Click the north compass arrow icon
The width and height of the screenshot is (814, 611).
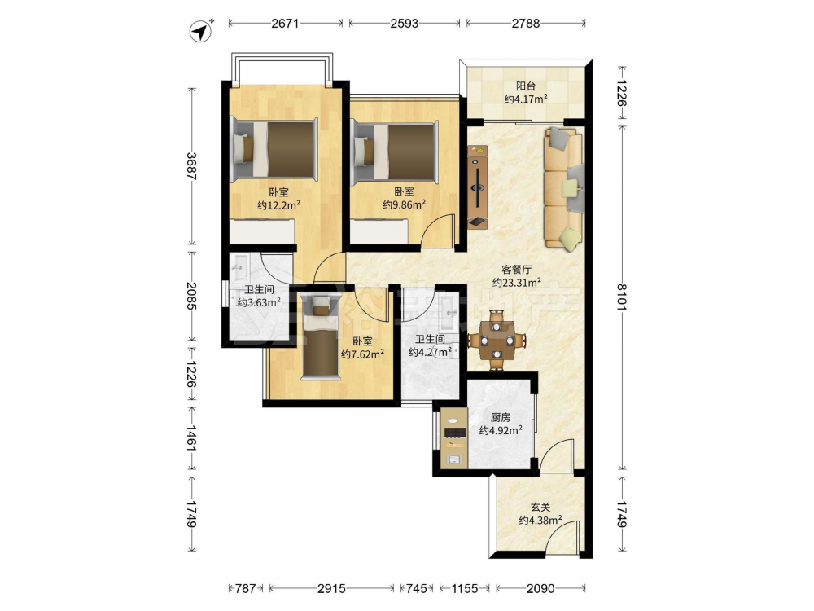tap(201, 31)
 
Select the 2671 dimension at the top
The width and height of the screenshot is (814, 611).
tap(285, 23)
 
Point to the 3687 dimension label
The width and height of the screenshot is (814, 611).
tap(191, 166)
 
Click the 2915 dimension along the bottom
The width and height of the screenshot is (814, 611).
tap(332, 588)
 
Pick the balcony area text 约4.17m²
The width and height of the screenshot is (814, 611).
tap(526, 99)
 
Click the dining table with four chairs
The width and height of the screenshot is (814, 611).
tap(497, 340)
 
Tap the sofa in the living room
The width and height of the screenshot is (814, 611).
tap(563, 189)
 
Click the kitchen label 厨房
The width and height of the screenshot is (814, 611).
tap(501, 417)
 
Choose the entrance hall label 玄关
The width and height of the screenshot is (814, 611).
tap(540, 507)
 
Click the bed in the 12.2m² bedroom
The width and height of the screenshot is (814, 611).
tap(274, 150)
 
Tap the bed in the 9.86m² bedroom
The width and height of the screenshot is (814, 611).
tap(395, 153)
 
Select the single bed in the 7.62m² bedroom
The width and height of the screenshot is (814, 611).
tap(320, 336)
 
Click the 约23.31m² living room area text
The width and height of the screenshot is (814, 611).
tap(517, 282)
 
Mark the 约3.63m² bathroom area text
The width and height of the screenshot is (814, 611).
tap(259, 302)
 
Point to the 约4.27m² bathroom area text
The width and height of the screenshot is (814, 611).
tap(430, 352)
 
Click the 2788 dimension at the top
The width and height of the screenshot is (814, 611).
tap(526, 23)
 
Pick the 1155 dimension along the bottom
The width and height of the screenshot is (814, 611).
tap(464, 588)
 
